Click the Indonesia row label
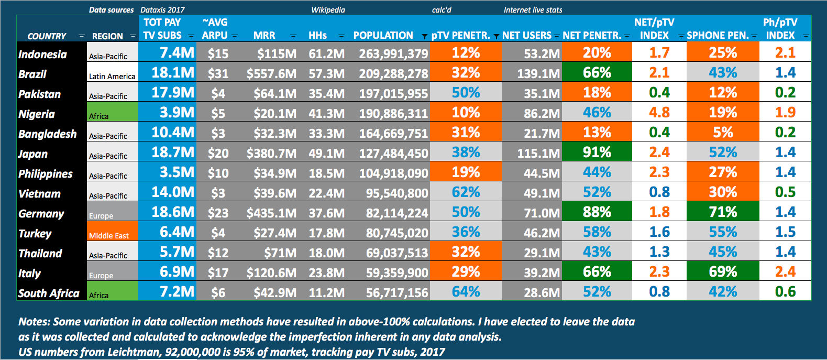42,54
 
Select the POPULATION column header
383,36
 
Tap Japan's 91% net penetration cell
597,152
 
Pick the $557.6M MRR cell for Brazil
271,73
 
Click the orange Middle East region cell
112,232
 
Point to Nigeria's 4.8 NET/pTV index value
659,113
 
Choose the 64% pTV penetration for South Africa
466,291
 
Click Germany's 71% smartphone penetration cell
722,212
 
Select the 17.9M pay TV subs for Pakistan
172,93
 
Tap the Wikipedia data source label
328,10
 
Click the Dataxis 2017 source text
162,10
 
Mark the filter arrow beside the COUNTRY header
81,37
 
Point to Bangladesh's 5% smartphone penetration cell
722,133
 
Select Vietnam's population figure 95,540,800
396,193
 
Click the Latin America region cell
112,77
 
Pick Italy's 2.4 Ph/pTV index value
785,271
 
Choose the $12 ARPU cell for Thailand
218,253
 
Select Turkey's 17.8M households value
326,233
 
